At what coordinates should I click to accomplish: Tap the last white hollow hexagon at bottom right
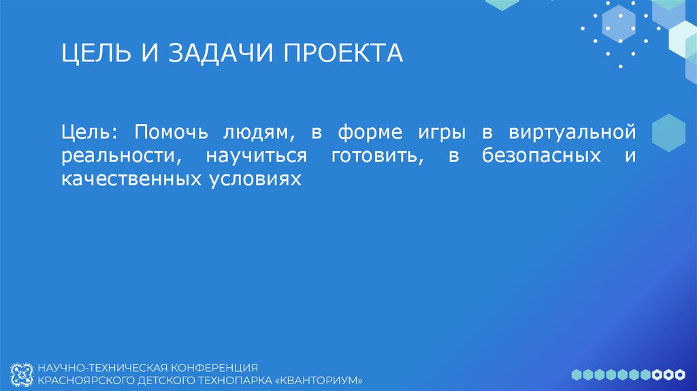point(679,374)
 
